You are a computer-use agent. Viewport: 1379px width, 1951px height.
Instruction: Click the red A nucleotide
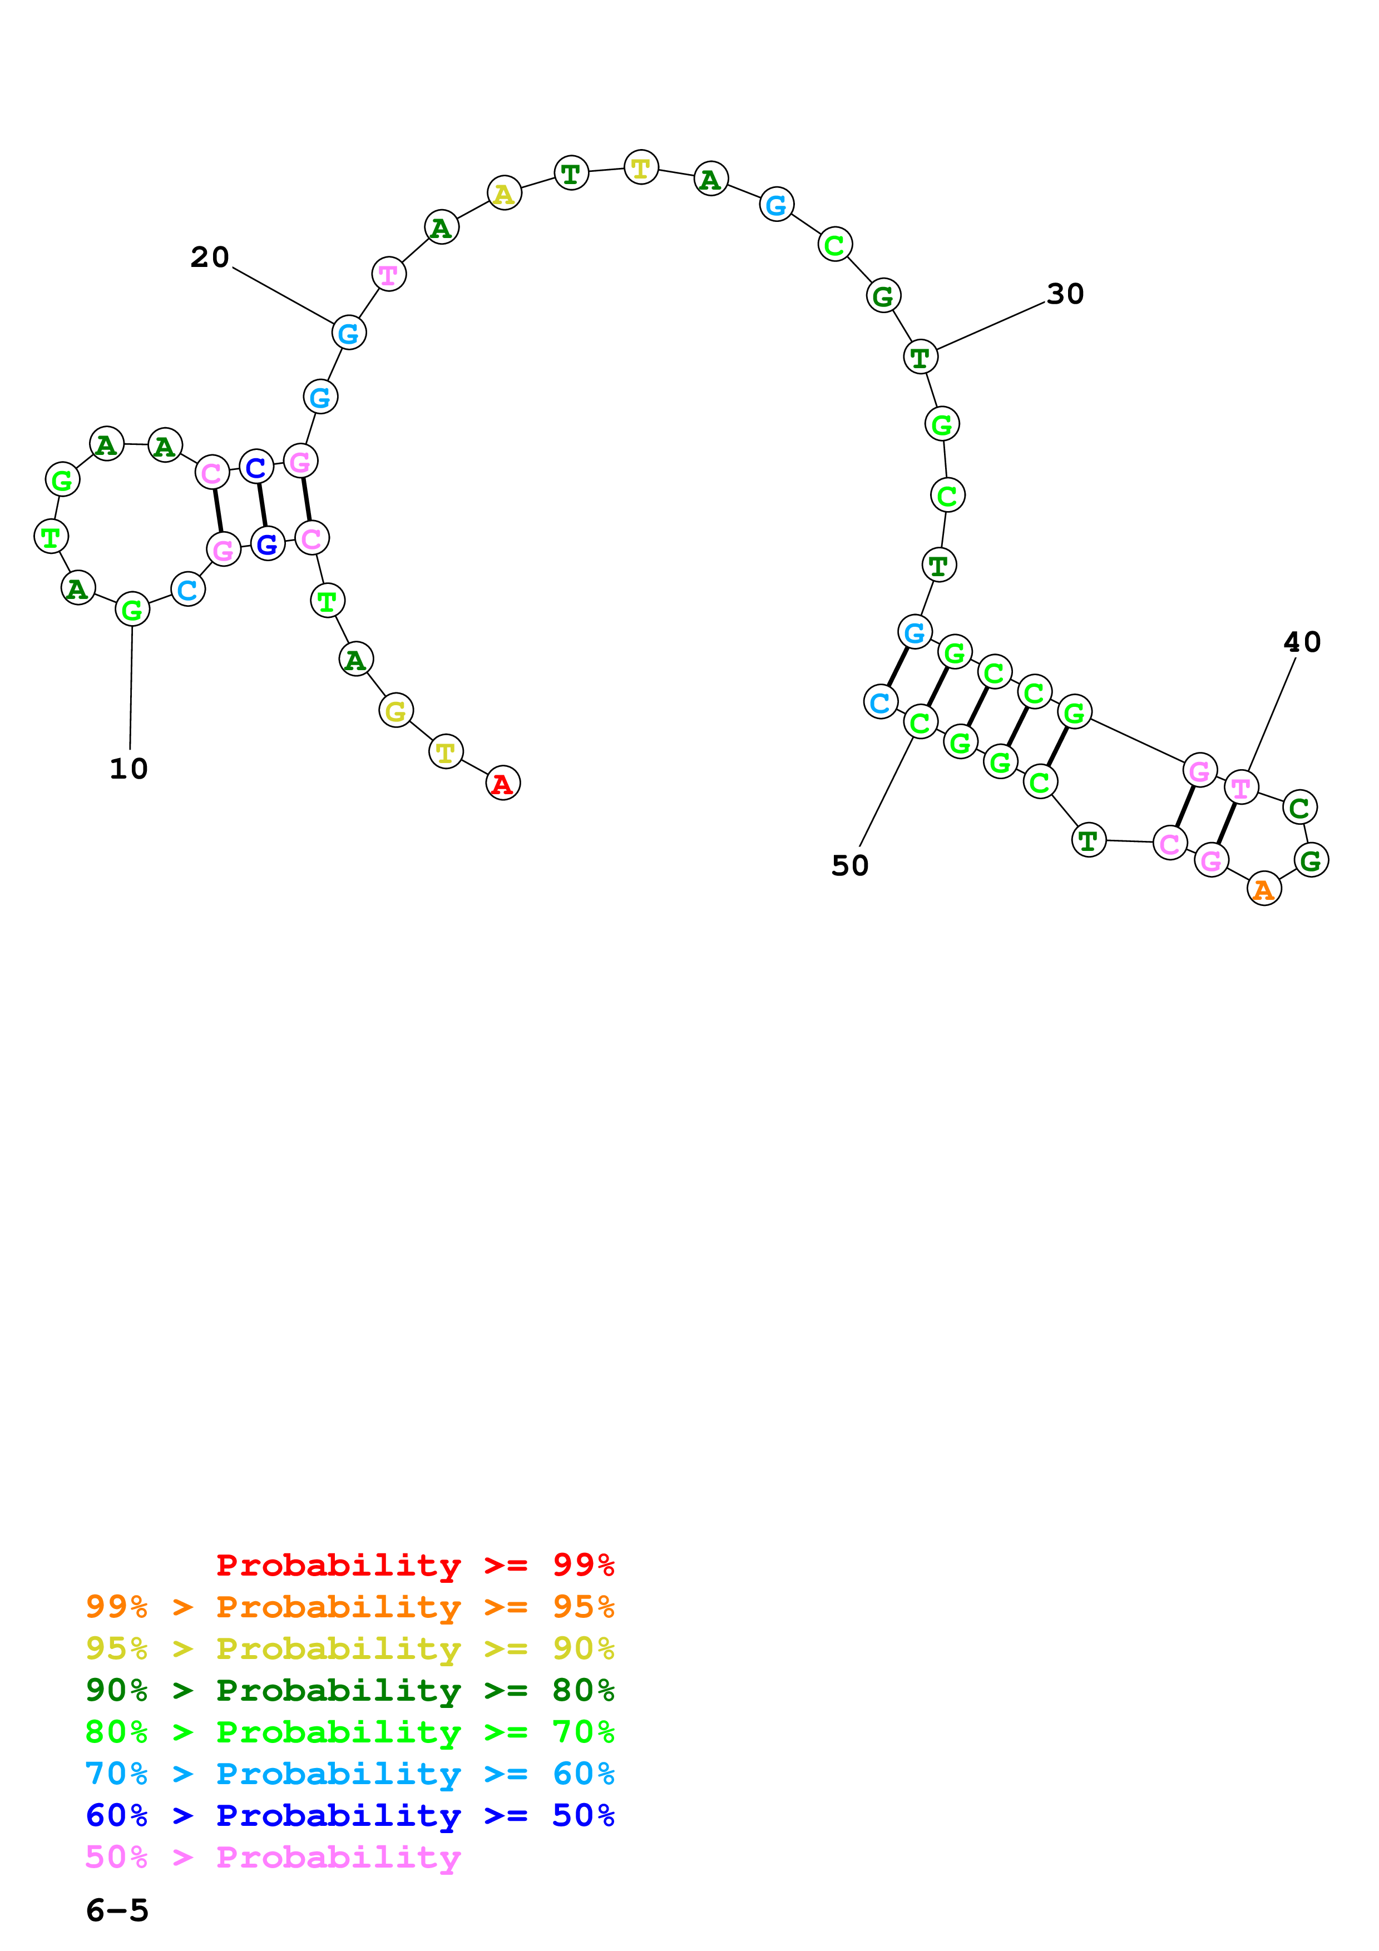(x=502, y=784)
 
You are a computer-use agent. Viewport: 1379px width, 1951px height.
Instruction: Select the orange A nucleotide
(x=1263, y=890)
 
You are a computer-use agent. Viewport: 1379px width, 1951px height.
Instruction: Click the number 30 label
(x=1065, y=295)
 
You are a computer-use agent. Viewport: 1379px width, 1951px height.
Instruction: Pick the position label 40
(x=1302, y=642)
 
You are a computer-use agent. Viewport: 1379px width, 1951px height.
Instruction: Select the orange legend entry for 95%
(x=350, y=1607)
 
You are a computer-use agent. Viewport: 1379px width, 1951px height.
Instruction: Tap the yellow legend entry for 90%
(x=350, y=1648)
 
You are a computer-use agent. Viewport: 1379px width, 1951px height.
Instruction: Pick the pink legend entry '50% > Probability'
(x=273, y=1858)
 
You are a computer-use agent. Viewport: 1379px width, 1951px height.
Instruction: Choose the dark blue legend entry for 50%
(x=350, y=1816)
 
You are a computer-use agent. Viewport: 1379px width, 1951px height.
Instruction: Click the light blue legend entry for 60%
(x=350, y=1774)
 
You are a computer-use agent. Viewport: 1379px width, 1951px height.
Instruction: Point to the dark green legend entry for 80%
(x=350, y=1690)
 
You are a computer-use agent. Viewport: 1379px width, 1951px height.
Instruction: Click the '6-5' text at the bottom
(x=117, y=1911)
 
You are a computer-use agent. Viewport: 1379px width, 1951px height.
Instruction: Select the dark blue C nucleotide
(x=256, y=467)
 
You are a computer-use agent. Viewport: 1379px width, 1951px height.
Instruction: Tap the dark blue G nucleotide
(x=268, y=544)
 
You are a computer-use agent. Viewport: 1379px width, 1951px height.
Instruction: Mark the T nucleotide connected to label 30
(x=920, y=358)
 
